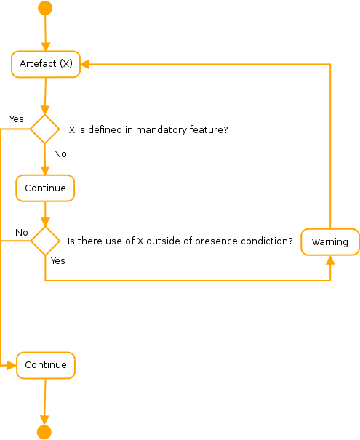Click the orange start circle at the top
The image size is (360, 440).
pyautogui.click(x=45, y=8)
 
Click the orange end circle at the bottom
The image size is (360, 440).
pyautogui.click(x=44, y=432)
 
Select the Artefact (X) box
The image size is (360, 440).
pyautogui.click(x=46, y=64)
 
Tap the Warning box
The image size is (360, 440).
pyautogui.click(x=330, y=242)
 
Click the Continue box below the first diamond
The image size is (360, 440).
pyautogui.click(x=45, y=188)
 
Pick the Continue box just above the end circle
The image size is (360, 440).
pyautogui.click(x=46, y=365)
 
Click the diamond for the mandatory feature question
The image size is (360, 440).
pyautogui.click(x=44, y=129)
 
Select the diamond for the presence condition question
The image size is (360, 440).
pyautogui.click(x=45, y=241)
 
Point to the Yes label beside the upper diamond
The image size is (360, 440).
pyautogui.click(x=16, y=119)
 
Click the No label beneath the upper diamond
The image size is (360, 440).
pyautogui.click(x=60, y=154)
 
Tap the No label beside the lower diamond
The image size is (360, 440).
pyautogui.click(x=22, y=233)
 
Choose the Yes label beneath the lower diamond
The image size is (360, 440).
pyautogui.click(x=58, y=260)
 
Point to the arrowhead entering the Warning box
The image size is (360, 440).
pyautogui.click(x=330, y=259)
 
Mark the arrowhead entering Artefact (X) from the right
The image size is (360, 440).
pyautogui.click(x=84, y=64)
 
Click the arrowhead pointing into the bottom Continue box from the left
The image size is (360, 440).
pyautogui.click(x=12, y=365)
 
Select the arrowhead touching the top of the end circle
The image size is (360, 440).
pyautogui.click(x=44, y=420)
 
